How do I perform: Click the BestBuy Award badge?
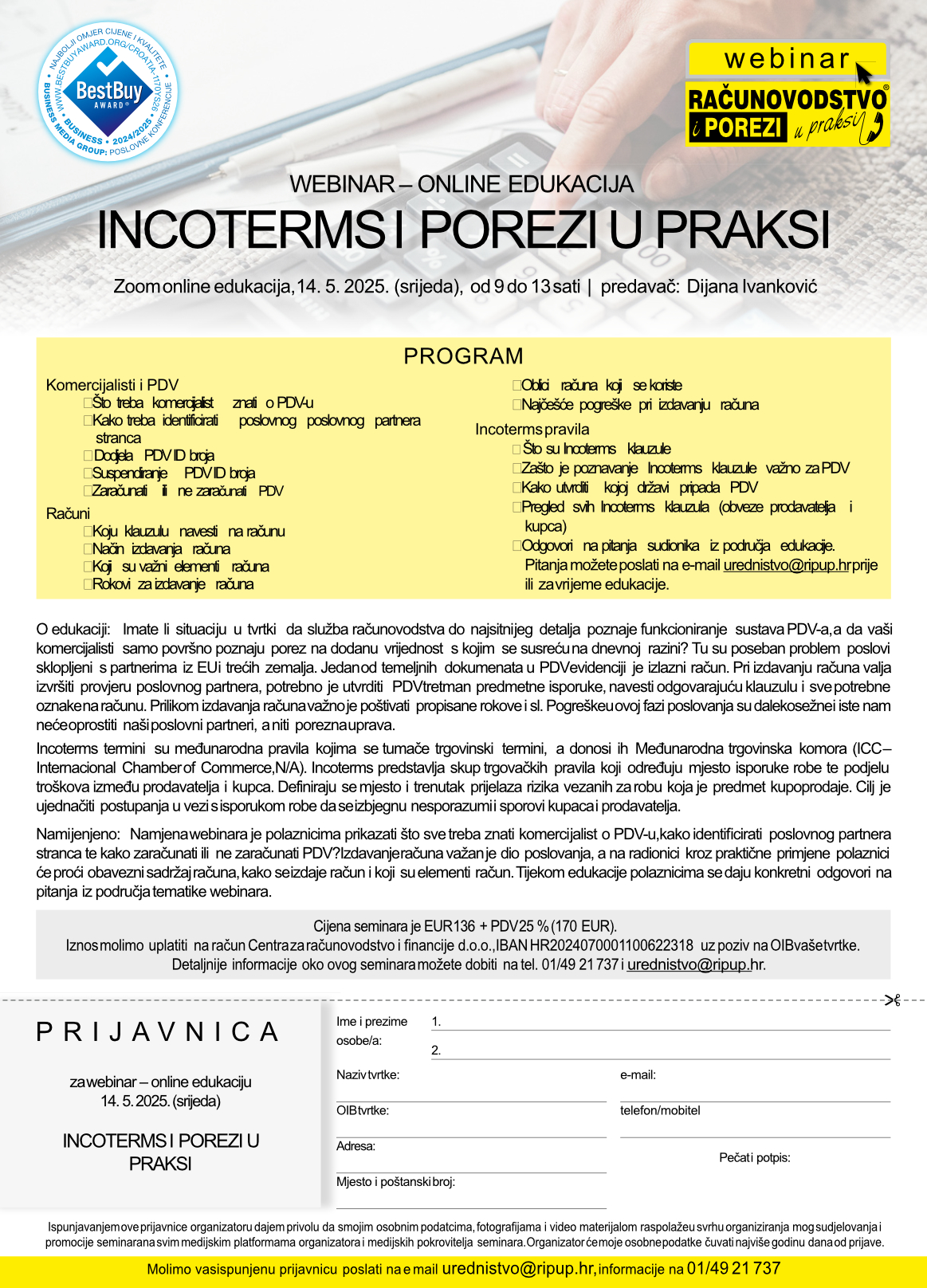pyautogui.click(x=108, y=90)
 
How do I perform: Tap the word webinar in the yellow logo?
pyautogui.click(x=787, y=59)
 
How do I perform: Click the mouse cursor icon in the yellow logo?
pyautogui.click(x=864, y=73)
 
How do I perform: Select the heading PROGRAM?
pyautogui.click(x=463, y=355)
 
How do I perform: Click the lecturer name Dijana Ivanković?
pyautogui.click(x=752, y=287)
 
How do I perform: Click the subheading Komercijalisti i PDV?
pyautogui.click(x=112, y=385)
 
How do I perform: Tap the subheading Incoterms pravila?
pyautogui.click(x=532, y=429)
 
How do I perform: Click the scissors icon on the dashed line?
pyautogui.click(x=892, y=999)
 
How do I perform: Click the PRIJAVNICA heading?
pyautogui.click(x=159, y=1032)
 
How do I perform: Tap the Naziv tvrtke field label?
pyautogui.click(x=367, y=1074)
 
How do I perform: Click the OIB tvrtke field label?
pyautogui.click(x=362, y=1110)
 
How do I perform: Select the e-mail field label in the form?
pyautogui.click(x=638, y=1074)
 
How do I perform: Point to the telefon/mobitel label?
pyautogui.click(x=660, y=1110)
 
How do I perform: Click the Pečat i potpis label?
pyautogui.click(x=754, y=1157)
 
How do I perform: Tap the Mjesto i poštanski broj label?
pyautogui.click(x=395, y=1181)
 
